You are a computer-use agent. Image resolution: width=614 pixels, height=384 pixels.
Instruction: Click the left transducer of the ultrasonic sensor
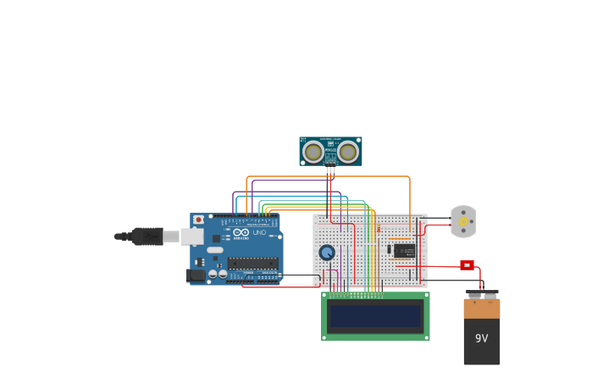click(x=313, y=152)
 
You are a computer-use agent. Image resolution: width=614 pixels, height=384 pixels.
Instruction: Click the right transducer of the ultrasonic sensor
click(x=348, y=152)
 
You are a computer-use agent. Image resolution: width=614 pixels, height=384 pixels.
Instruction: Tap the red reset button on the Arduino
click(x=198, y=220)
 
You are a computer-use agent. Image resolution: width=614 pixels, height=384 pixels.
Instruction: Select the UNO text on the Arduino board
click(x=259, y=232)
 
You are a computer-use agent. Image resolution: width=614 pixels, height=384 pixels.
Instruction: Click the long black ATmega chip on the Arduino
click(x=252, y=264)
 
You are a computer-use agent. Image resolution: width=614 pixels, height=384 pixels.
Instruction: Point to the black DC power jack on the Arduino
click(x=196, y=275)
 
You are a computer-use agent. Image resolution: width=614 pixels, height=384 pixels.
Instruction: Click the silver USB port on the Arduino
click(x=192, y=237)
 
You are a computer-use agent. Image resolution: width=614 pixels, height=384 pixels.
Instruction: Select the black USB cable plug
click(x=147, y=237)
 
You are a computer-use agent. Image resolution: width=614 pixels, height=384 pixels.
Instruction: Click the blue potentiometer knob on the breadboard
click(x=327, y=252)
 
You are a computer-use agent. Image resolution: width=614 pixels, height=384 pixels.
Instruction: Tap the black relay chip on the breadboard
click(x=404, y=250)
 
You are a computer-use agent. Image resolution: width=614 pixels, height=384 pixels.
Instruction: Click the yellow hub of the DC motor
click(x=463, y=221)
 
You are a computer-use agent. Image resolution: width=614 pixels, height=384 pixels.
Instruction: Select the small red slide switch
click(x=467, y=265)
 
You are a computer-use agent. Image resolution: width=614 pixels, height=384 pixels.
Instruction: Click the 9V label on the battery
click(x=481, y=338)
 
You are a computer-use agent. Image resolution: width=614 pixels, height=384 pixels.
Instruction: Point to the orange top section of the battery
click(x=481, y=309)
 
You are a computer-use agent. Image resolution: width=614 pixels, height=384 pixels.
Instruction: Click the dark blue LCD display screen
click(x=375, y=316)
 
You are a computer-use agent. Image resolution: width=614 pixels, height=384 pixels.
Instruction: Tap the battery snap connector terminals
click(x=482, y=294)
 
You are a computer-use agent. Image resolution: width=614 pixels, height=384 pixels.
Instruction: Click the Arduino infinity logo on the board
click(x=241, y=232)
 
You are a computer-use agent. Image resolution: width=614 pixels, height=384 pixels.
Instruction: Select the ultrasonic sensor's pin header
click(x=330, y=170)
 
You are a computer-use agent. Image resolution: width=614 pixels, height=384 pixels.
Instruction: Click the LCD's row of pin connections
click(x=356, y=294)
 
